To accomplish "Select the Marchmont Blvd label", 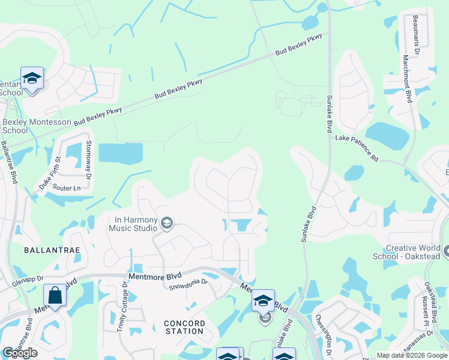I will click(x=407, y=79).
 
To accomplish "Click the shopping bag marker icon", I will click(x=55, y=296).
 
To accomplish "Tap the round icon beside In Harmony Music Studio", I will click(x=167, y=224).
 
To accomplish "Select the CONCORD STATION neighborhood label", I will click(x=184, y=327).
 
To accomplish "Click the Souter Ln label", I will click(x=67, y=188).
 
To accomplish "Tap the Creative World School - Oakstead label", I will click(x=413, y=252).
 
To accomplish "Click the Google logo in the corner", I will click(x=20, y=353).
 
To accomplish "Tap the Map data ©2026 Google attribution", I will click(x=412, y=355).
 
